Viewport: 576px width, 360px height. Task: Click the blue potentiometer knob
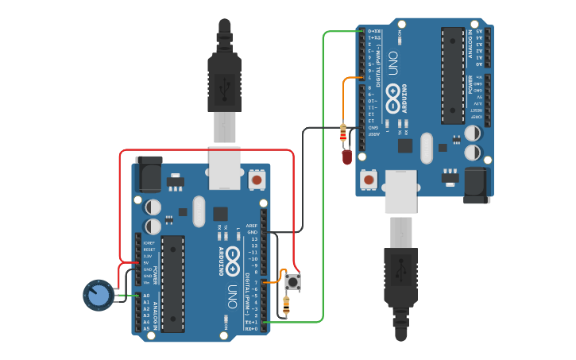pyautogui.click(x=98, y=295)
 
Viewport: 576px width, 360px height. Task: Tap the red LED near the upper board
pyautogui.click(x=346, y=156)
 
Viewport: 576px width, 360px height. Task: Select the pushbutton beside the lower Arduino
pyautogui.click(x=292, y=281)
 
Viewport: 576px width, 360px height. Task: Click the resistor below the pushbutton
pyautogui.click(x=286, y=304)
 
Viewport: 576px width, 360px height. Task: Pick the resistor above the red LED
pyautogui.click(x=343, y=132)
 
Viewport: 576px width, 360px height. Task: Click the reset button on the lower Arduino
pyautogui.click(x=257, y=180)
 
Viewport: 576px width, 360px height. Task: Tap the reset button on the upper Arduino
pyautogui.click(x=369, y=180)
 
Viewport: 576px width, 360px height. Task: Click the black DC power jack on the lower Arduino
pyautogui.click(x=149, y=174)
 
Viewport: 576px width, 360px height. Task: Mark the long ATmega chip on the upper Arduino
pyautogui.click(x=453, y=75)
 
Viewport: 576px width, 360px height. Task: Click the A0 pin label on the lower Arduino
pyautogui.click(x=146, y=296)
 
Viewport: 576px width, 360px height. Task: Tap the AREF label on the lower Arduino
pyautogui.click(x=252, y=225)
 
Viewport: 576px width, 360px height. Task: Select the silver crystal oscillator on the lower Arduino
pyautogui.click(x=199, y=211)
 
